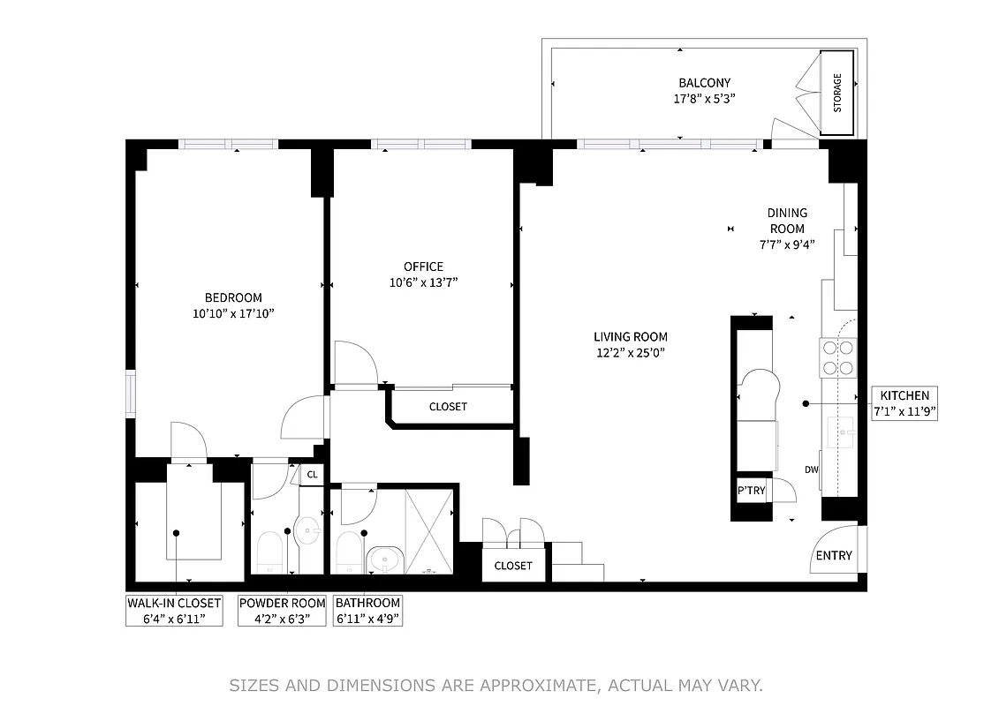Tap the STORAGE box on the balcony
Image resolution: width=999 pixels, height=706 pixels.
point(837,93)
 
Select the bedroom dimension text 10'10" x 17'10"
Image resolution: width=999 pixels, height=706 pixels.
point(233,313)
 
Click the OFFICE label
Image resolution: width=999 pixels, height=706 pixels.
point(423,267)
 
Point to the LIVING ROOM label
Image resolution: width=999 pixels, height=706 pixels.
point(630,336)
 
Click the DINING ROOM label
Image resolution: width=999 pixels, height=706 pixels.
point(786,221)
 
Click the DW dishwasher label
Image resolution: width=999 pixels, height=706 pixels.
point(811,469)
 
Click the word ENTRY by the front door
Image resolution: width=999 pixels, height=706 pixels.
point(834,555)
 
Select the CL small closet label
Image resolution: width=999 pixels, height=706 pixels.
point(312,475)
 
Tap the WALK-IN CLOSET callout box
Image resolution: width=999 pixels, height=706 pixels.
point(174,610)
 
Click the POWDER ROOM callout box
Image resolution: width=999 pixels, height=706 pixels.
point(282,610)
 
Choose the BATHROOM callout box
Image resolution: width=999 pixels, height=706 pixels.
point(367,610)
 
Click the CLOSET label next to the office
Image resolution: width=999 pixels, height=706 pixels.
point(448,407)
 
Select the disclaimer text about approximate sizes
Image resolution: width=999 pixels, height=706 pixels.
point(496,685)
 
